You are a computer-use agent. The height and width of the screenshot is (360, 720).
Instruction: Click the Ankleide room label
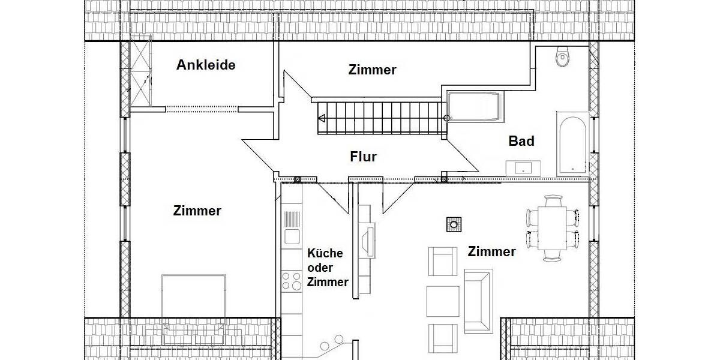(x=206, y=65)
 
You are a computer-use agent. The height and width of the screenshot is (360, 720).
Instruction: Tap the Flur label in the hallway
(x=364, y=157)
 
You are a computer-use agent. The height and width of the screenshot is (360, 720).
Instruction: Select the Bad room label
(x=521, y=142)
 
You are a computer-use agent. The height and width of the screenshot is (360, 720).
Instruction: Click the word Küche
(x=325, y=253)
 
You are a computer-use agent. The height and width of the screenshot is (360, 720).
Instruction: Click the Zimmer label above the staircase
(x=372, y=70)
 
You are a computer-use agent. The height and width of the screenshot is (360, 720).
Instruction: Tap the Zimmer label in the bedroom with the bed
(x=197, y=211)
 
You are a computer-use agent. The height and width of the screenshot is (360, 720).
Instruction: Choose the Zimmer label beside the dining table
(x=492, y=252)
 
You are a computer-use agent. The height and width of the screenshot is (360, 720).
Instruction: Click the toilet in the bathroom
(x=562, y=58)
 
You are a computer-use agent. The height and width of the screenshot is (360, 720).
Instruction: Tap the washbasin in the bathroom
(x=523, y=168)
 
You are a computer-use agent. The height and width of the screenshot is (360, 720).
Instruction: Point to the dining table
(x=552, y=228)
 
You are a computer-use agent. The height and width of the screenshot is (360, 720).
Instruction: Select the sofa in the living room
(x=478, y=300)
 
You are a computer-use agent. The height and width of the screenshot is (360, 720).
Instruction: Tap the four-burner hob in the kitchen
(x=292, y=281)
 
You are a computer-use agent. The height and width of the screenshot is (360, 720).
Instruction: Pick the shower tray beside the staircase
(x=473, y=107)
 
